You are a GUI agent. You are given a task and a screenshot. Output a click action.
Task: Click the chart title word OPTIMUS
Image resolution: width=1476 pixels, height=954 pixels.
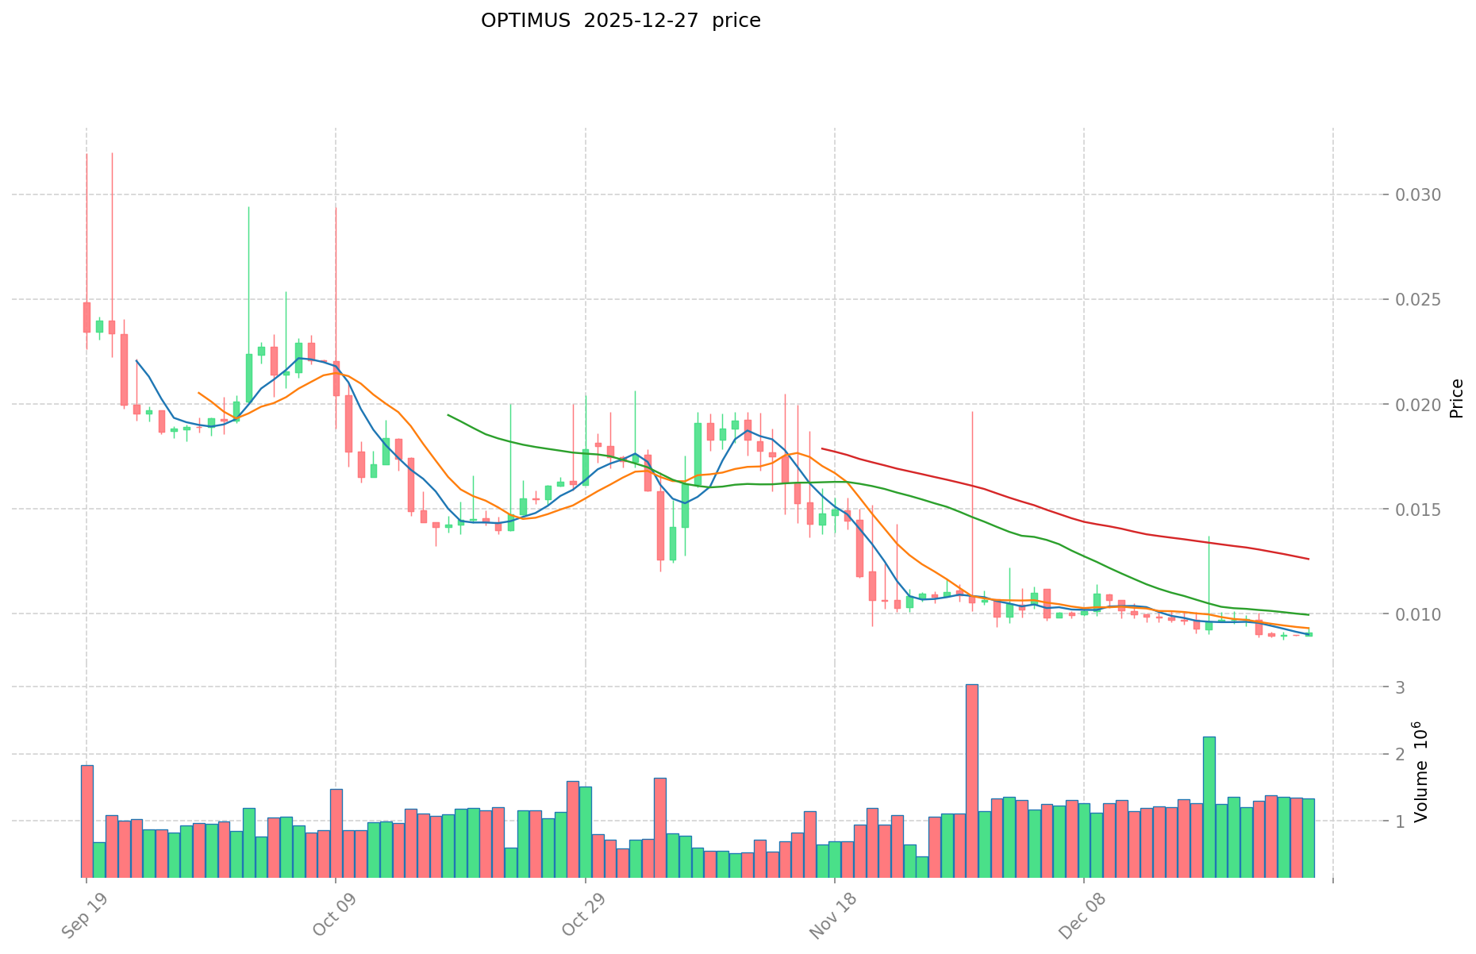click(x=525, y=21)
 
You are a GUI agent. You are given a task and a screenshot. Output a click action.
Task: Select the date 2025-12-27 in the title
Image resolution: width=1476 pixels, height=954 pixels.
click(x=640, y=21)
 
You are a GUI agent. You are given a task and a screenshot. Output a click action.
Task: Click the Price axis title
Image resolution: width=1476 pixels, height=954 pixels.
click(x=1456, y=398)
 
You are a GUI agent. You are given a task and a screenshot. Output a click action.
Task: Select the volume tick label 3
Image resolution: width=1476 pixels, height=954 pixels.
click(x=1401, y=687)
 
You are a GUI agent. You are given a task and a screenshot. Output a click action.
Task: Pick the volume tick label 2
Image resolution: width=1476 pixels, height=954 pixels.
click(x=1401, y=754)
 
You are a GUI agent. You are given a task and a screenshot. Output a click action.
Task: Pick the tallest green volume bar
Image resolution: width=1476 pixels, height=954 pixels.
click(x=1209, y=806)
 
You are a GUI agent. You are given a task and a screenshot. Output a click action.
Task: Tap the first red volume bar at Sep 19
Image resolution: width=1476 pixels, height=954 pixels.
click(x=86, y=821)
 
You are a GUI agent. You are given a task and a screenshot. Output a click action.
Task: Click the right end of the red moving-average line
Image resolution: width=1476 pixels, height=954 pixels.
click(x=1308, y=560)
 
